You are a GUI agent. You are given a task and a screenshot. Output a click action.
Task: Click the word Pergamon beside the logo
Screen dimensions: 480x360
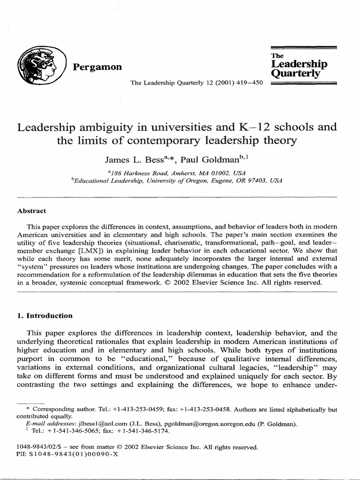click(97, 67)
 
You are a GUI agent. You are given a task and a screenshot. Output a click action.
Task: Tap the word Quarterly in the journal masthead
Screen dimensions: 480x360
click(296, 74)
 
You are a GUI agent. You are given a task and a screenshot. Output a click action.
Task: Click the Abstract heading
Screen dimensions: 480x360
click(31, 211)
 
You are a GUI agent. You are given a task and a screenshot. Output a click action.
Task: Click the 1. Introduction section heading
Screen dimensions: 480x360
click(45, 315)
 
